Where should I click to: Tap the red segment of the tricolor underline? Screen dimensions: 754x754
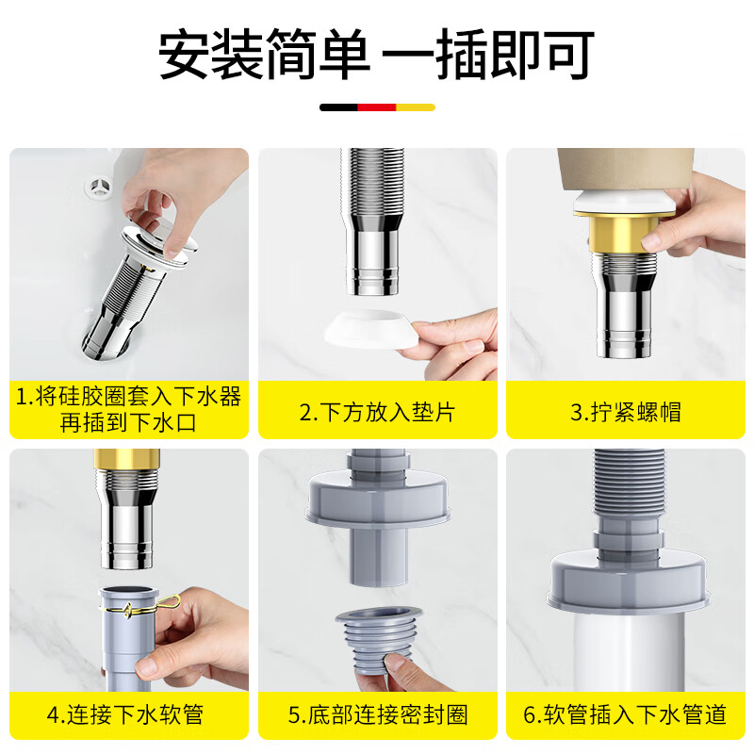[x=376, y=107]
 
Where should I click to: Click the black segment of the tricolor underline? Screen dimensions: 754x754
[x=338, y=107]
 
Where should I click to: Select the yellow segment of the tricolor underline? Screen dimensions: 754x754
[x=416, y=107]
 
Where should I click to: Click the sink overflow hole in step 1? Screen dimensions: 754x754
[x=100, y=188]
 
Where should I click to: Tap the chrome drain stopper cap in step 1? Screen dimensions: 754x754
[x=158, y=245]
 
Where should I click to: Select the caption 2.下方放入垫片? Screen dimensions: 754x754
[x=377, y=412]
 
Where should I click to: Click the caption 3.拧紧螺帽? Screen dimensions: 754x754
[x=626, y=412]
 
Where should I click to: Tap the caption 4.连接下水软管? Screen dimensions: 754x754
[x=125, y=714]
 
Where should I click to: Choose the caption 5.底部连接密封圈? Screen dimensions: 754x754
[x=378, y=714]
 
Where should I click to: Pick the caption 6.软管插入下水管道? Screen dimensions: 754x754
[x=625, y=714]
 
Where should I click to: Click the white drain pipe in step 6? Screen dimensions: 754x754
[x=629, y=651]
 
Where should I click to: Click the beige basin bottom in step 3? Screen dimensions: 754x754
[x=625, y=171]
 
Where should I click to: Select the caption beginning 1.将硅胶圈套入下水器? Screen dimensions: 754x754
[x=128, y=409]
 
